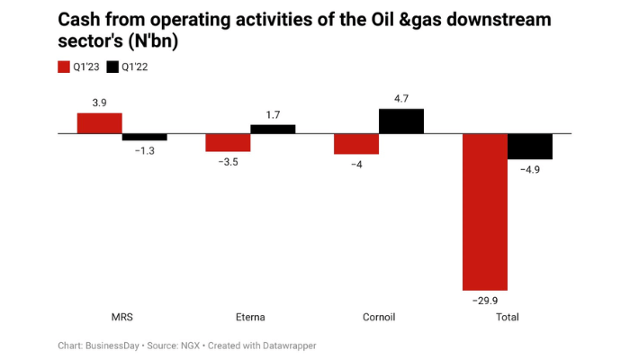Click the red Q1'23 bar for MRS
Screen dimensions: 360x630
99,123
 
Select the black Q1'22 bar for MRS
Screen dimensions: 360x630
144,137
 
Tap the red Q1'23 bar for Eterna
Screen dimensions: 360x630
228,142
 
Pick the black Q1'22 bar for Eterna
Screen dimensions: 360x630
273,129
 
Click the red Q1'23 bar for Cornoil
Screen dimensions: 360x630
355,144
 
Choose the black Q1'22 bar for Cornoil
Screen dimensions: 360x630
401,121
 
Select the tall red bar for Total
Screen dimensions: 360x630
484,211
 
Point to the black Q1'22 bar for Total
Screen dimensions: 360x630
530,147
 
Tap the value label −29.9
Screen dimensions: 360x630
484,299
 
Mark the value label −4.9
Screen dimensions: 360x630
530,168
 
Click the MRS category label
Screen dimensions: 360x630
121,317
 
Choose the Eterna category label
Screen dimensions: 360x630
250,317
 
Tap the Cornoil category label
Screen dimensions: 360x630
378,317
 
